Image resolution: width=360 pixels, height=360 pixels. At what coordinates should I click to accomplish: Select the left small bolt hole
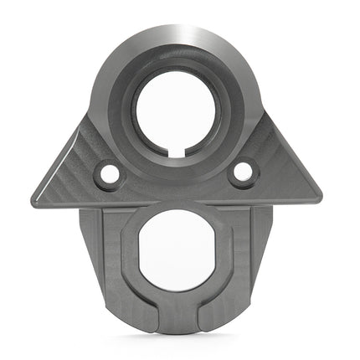(x=109, y=174)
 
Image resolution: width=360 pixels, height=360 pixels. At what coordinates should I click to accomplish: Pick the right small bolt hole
(x=242, y=172)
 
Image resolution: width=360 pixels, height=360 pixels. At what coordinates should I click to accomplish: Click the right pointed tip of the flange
(x=320, y=194)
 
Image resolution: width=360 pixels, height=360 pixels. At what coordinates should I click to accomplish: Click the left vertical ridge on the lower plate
(x=101, y=251)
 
